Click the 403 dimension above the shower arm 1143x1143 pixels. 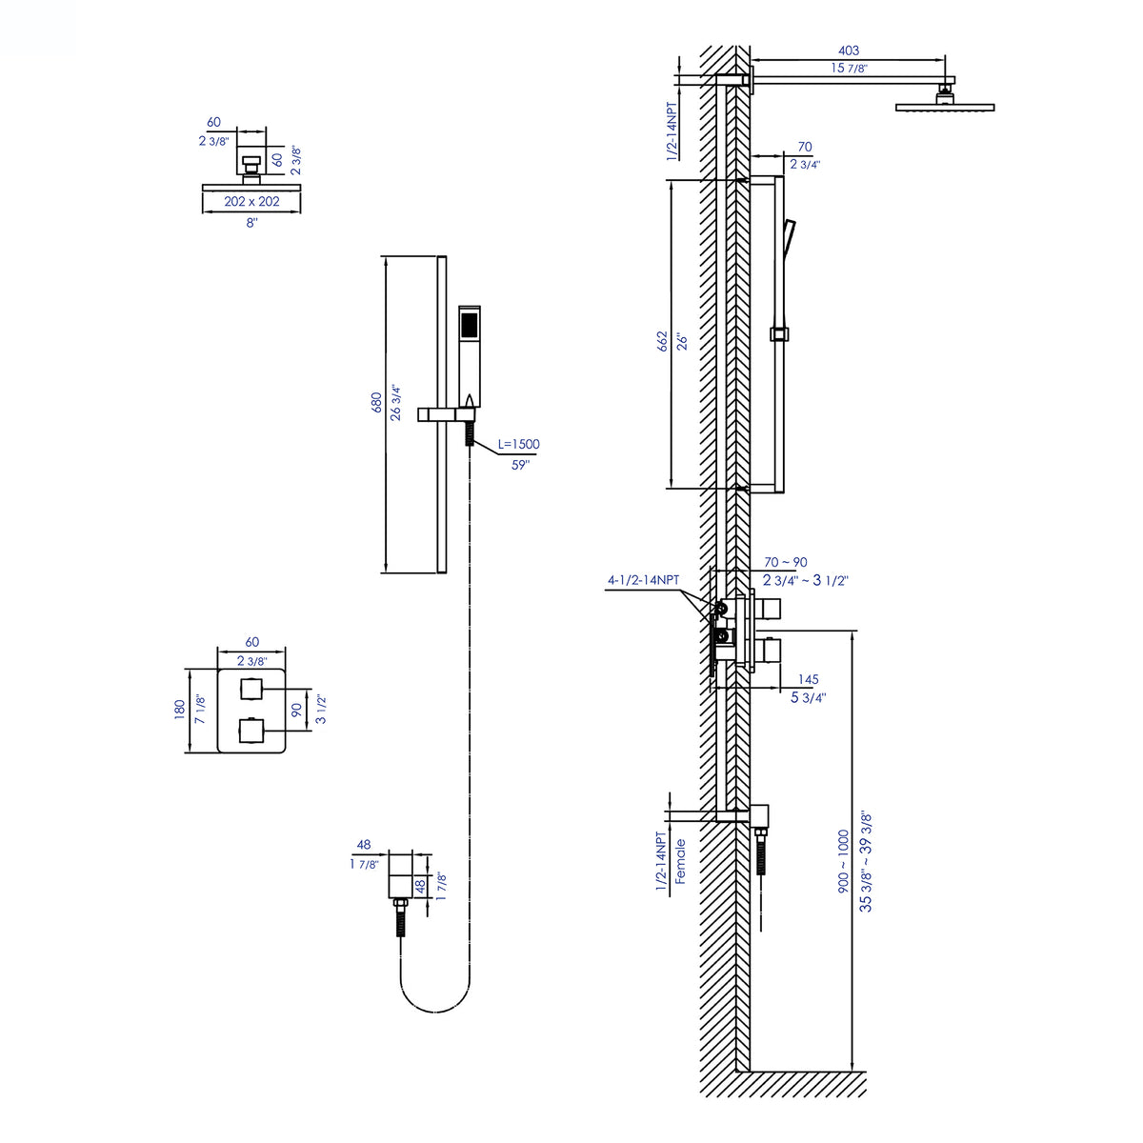tap(848, 50)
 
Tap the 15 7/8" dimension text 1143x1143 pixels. tap(849, 68)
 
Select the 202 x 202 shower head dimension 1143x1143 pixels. tap(251, 202)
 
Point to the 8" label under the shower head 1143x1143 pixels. tap(251, 222)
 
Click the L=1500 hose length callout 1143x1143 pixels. tap(518, 444)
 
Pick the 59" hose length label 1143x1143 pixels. tap(519, 465)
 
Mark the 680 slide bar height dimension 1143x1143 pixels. tap(376, 403)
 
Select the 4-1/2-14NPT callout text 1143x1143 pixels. tap(644, 579)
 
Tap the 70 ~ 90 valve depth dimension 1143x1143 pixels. tap(786, 563)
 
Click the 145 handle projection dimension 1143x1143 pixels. tap(808, 680)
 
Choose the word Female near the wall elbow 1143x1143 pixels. tap(681, 862)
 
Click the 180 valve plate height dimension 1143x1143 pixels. tap(179, 710)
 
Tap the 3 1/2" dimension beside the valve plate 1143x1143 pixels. tap(323, 711)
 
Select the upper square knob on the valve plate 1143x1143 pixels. tap(251, 689)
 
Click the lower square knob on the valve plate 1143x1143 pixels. tap(251, 731)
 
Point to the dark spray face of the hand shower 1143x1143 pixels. tap(468, 324)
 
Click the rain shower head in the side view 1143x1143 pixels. tap(944, 106)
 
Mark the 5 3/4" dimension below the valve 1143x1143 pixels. tap(808, 697)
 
